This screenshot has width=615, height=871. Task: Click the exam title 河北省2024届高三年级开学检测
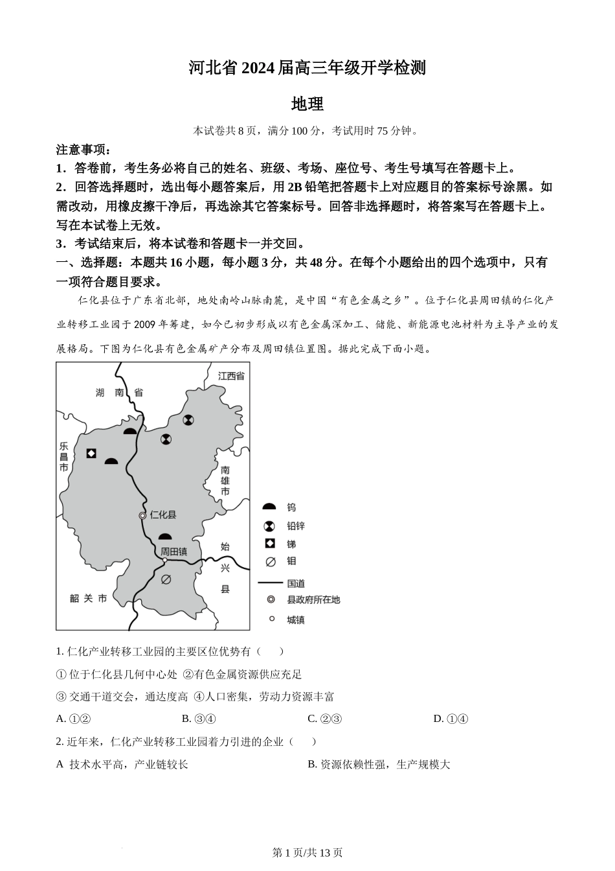tap(307, 67)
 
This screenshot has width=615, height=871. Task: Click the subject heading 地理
tap(307, 104)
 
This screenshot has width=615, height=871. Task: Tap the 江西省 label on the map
tap(231, 376)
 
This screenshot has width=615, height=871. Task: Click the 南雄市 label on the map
tap(225, 480)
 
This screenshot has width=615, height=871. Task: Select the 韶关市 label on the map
tap(89, 598)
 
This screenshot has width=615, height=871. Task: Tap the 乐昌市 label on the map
tap(63, 457)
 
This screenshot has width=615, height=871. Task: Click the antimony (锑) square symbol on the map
tap(91, 453)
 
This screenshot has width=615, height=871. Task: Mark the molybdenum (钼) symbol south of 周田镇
tap(166, 579)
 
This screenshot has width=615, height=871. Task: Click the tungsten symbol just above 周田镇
tap(166, 537)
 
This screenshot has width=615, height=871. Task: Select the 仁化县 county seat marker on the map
tap(142, 515)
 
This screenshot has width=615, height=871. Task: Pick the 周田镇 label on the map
tap(174, 552)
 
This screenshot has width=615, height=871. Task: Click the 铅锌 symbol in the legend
tap(270, 526)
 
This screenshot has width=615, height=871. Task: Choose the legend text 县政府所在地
tap(313, 600)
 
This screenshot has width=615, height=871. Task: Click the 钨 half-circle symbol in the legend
tap(270, 507)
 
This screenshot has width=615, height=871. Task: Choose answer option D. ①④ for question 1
tap(450, 718)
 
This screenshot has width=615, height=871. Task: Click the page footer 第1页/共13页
tap(307, 852)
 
